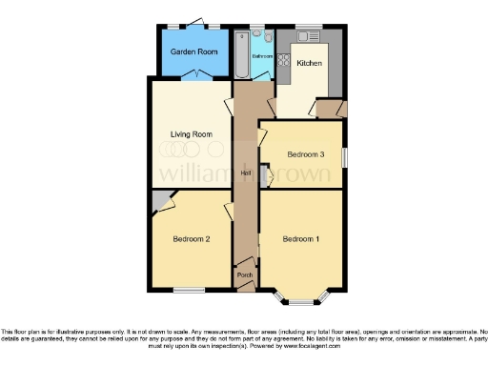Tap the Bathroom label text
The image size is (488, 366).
point(262,56)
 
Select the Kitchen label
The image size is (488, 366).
point(310,64)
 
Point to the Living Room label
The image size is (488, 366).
point(191,134)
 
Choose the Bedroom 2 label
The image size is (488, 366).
point(191,238)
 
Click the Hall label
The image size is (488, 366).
point(246,172)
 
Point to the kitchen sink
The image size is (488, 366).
point(307,36)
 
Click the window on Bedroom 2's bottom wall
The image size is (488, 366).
point(190,290)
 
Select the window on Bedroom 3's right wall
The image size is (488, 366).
point(345,156)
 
